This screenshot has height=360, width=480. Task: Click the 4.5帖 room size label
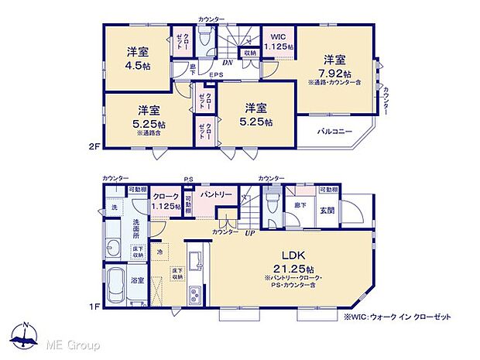pos(139,67)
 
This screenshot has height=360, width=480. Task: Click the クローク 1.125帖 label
pos(166,202)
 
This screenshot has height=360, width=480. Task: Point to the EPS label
pos(217,75)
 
